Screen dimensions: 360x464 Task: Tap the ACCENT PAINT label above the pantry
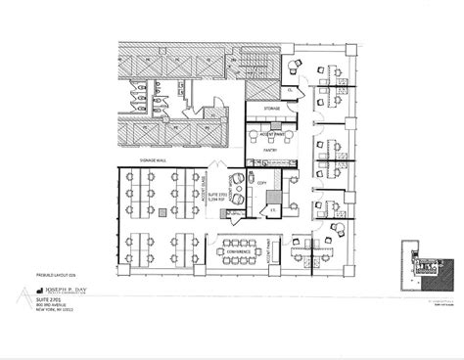click(262, 122)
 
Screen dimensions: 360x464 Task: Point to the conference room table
click(241, 241)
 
